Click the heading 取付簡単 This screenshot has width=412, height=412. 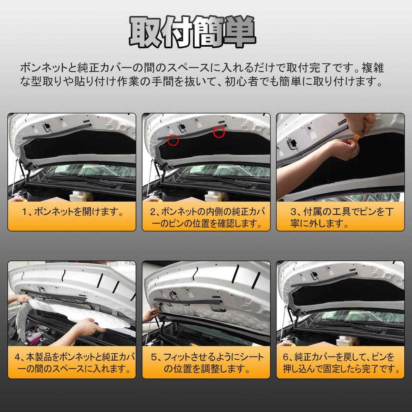click(192, 32)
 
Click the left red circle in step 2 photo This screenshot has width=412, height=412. click(173, 140)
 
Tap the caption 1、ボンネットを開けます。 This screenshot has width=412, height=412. click(72, 212)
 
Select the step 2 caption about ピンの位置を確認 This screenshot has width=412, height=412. click(206, 218)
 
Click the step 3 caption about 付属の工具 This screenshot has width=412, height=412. click(340, 218)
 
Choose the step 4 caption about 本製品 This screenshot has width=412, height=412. click(72, 363)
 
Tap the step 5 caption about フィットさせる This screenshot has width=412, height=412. click(206, 363)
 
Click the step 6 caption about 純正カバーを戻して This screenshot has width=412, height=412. click(340, 363)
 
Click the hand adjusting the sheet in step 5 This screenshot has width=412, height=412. click(152, 314)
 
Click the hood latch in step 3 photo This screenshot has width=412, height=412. click(292, 143)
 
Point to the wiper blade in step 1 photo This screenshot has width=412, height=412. click(97, 181)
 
